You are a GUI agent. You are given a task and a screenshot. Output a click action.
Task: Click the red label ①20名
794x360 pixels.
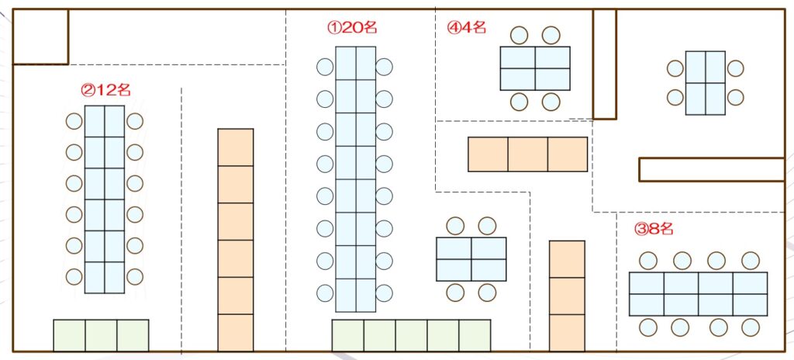352,28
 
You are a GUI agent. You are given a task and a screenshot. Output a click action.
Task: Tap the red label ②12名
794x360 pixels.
105,90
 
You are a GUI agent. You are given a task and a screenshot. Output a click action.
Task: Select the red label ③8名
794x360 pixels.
654,229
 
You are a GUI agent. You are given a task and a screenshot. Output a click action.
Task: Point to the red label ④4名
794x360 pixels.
467,28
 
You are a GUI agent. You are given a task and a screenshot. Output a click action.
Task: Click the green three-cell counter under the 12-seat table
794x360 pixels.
101,335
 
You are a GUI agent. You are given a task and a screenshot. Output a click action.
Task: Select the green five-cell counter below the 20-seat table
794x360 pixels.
411,335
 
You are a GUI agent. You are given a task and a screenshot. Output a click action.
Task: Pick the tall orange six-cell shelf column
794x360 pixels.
235,240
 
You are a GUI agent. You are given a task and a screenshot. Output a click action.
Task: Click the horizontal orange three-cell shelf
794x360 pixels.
527,154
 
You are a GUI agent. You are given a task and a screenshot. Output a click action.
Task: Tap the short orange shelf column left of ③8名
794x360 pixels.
567,296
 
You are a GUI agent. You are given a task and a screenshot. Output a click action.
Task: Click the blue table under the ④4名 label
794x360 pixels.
535,68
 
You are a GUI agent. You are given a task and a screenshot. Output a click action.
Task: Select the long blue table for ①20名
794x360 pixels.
356,179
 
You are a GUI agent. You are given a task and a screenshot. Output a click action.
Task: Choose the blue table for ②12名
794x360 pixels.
104,199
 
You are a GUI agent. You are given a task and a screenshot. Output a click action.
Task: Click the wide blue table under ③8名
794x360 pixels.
698,294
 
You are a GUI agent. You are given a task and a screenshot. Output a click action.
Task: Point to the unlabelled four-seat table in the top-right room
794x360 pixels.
706,83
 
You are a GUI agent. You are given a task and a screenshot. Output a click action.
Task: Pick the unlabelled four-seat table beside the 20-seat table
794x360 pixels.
471,259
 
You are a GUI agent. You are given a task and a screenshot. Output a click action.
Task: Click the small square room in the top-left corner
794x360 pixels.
41,37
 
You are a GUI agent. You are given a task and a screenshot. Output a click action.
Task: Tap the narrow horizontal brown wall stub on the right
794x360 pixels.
711,169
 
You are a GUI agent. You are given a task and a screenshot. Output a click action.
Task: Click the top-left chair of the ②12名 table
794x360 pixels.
74,122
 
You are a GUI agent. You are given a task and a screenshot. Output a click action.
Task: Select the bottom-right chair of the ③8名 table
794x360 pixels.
750,327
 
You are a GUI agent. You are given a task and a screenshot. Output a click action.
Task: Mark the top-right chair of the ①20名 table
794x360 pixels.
384,67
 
